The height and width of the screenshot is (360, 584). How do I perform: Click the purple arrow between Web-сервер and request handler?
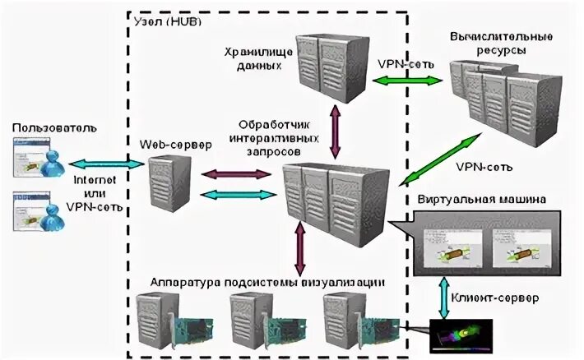click(x=237, y=173)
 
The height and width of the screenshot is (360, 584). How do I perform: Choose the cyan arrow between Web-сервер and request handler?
click(x=237, y=194)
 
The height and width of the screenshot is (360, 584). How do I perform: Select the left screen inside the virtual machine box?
click(x=450, y=247)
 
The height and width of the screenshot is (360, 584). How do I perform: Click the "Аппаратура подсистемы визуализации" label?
click(x=267, y=282)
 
